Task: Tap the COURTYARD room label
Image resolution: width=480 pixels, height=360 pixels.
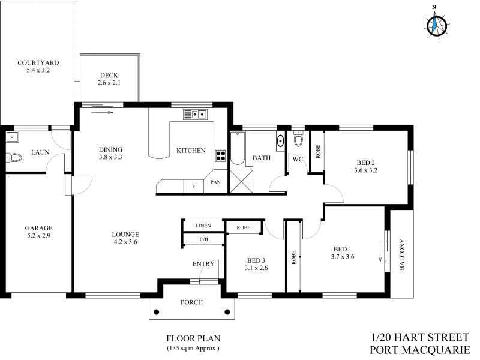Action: coord(37,62)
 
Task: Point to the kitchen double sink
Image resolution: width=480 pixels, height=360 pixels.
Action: coord(196,113)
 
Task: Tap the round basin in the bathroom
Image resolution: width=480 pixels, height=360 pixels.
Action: coord(280,142)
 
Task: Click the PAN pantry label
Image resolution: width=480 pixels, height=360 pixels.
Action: coord(216,183)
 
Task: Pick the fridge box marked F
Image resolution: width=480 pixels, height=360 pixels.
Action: coord(194,187)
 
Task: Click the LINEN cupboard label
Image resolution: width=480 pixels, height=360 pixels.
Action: coord(203,226)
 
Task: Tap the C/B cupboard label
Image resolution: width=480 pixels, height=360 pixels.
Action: coord(203,239)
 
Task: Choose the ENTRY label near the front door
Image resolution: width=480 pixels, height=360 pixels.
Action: coord(203,264)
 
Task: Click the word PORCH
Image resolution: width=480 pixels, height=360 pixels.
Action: coord(191,302)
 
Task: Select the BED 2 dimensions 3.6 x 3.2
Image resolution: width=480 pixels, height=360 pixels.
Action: coord(367,170)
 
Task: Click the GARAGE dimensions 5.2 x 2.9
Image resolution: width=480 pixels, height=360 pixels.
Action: coord(38,236)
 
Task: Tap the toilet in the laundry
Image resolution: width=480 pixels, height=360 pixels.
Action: coord(12,158)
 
